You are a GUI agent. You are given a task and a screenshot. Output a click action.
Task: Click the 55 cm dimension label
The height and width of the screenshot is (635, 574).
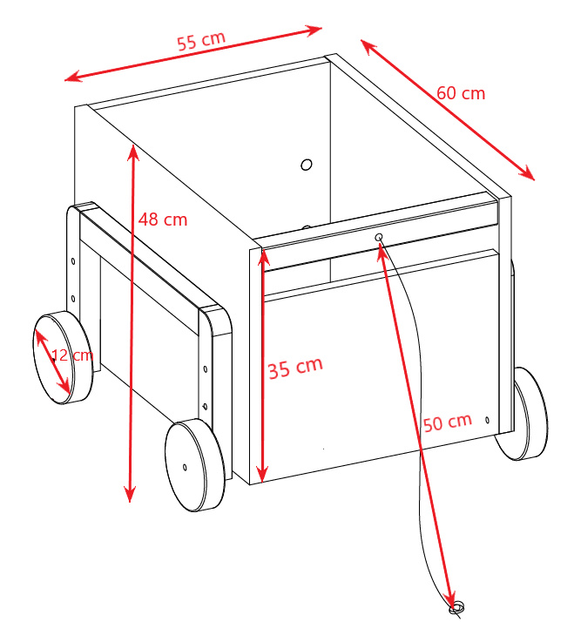(x=201, y=40)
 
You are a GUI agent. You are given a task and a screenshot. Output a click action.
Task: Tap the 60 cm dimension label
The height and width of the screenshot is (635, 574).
(x=461, y=93)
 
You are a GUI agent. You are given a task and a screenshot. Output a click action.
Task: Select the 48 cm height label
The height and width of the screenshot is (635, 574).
(x=163, y=220)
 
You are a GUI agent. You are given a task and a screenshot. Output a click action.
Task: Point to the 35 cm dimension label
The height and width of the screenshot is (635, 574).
(x=295, y=368)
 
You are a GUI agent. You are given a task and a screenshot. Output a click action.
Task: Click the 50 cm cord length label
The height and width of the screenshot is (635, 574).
(x=448, y=422)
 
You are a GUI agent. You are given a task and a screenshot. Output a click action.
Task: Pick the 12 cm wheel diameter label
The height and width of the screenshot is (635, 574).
(x=72, y=355)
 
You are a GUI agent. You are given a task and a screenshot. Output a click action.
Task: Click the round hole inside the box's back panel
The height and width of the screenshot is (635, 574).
(x=307, y=165)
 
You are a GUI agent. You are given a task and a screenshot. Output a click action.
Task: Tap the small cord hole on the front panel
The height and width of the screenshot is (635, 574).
(x=379, y=237)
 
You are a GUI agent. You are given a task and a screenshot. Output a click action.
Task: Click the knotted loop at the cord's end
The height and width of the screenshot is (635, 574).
(x=456, y=608)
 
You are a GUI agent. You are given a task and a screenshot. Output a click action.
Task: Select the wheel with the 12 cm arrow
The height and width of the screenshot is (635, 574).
(x=63, y=358)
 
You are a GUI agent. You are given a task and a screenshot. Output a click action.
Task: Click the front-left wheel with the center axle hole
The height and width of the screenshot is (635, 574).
(x=195, y=465)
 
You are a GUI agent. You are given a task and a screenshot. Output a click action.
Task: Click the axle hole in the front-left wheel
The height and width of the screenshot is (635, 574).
(x=185, y=468)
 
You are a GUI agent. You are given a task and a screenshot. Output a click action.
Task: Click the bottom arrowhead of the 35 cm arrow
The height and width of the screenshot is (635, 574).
(x=262, y=474)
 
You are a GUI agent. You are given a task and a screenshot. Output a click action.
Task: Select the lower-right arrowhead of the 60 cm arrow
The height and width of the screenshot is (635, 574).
(x=527, y=173)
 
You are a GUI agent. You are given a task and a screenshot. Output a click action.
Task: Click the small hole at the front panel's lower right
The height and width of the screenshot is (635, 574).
(x=487, y=421)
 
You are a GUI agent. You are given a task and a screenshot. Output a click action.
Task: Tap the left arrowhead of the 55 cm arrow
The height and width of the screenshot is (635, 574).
(x=73, y=77)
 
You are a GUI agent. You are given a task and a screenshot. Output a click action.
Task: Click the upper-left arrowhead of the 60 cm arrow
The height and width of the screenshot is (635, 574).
(x=368, y=46)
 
